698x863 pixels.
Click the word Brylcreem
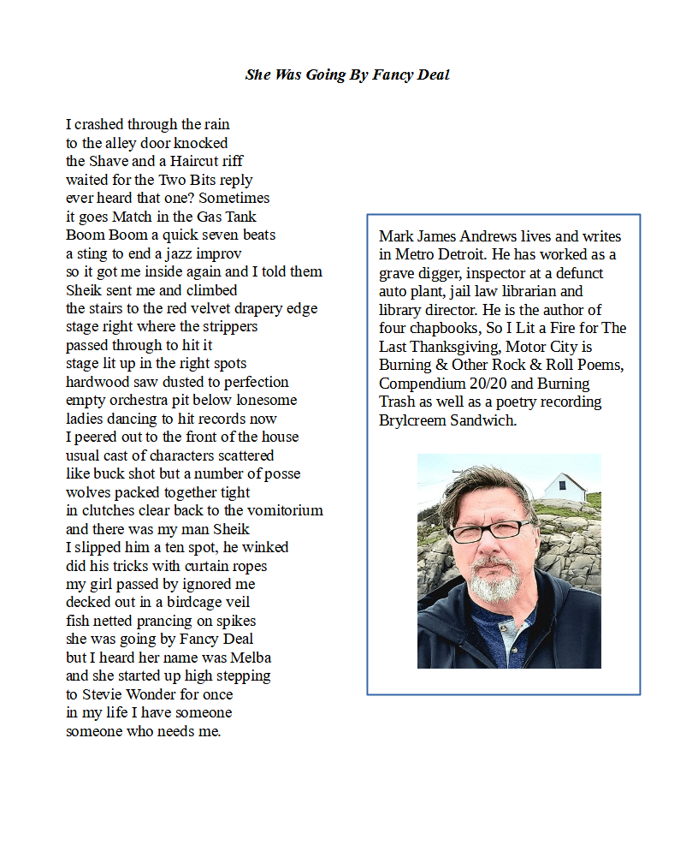coord(417,420)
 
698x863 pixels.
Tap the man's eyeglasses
coord(490,532)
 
